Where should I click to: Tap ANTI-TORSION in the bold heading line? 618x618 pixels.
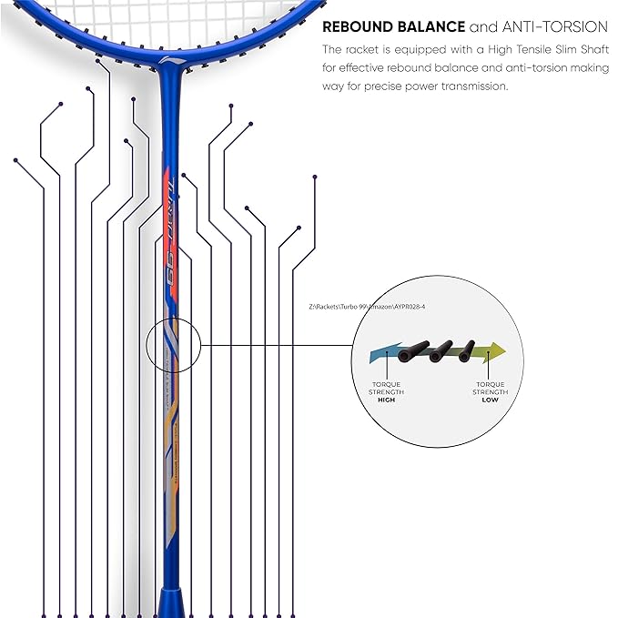pos(555,27)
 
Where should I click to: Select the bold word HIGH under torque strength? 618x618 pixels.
pos(387,400)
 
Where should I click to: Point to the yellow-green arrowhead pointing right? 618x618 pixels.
pos(498,350)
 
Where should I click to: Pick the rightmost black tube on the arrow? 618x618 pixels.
pos(467,350)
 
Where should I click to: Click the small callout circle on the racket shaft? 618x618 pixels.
pos(172,345)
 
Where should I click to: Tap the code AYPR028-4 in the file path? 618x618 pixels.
pos(408,307)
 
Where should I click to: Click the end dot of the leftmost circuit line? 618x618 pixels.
pos(15,160)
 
